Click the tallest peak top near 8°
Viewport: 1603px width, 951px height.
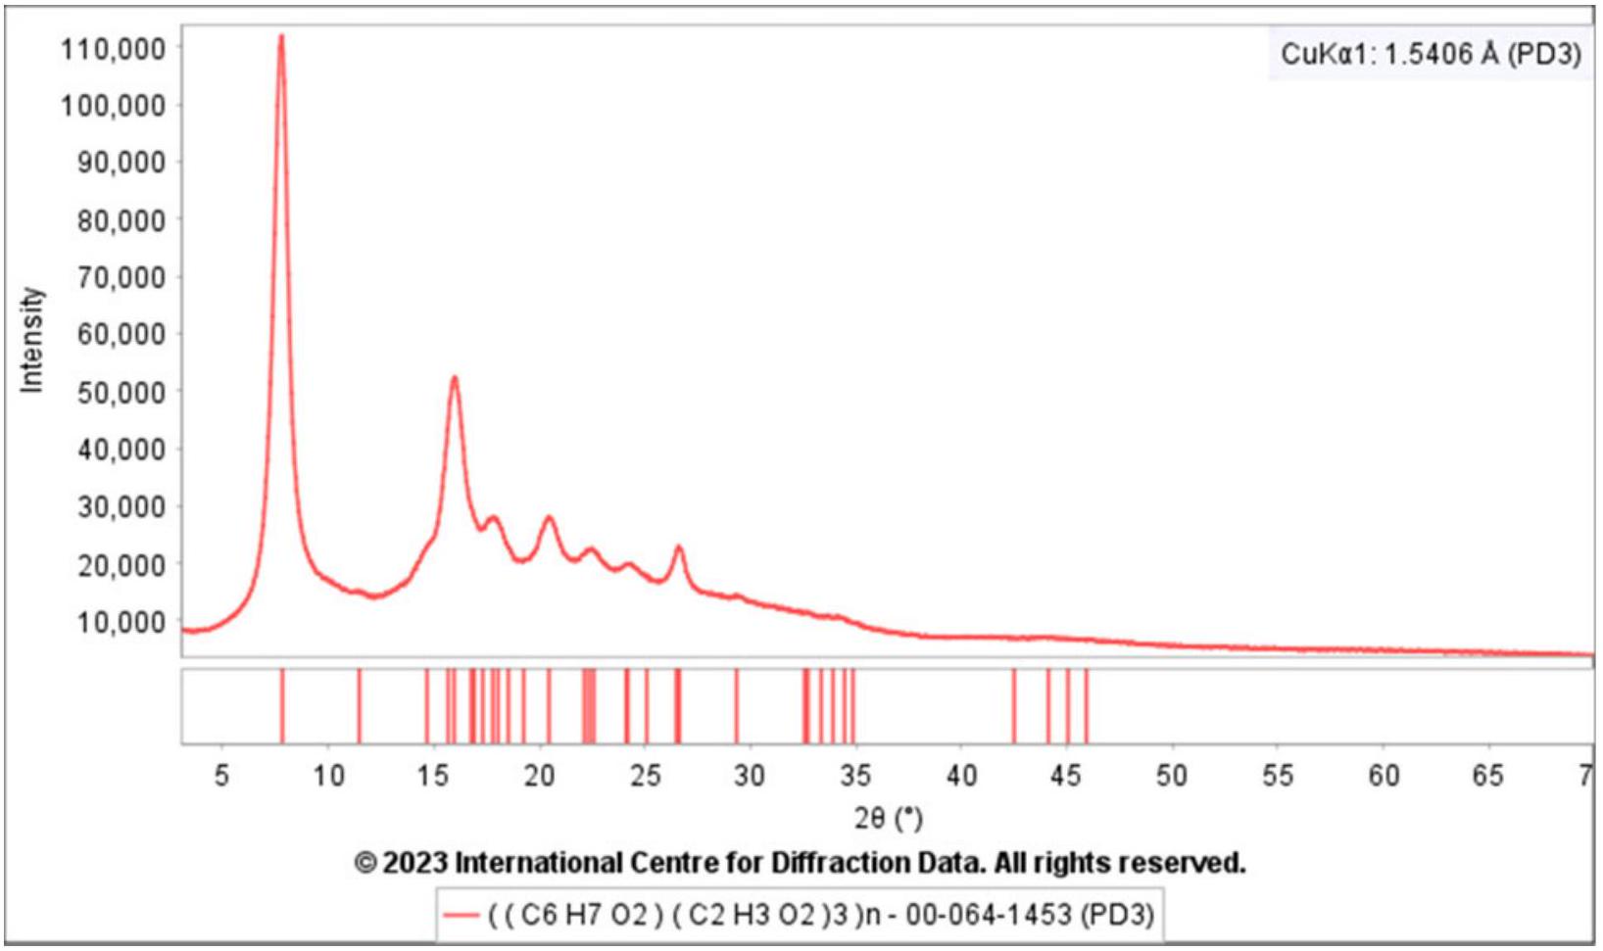(x=281, y=37)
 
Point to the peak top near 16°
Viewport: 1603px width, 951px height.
(x=454, y=378)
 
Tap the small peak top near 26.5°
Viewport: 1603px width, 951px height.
(x=678, y=547)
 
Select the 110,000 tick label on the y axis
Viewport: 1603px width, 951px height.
(x=114, y=48)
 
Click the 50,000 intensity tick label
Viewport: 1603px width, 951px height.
(x=121, y=393)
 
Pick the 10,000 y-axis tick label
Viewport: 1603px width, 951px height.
(x=121, y=622)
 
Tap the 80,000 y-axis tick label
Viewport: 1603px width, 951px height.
(x=121, y=220)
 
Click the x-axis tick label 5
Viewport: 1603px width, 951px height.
(x=222, y=776)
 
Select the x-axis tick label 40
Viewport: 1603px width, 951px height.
(x=961, y=776)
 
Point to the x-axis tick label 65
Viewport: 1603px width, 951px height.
(x=1487, y=776)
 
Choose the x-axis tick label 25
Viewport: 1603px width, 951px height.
(x=645, y=776)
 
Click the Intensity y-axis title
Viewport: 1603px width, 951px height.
(x=32, y=340)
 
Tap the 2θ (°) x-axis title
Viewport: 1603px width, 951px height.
(x=888, y=818)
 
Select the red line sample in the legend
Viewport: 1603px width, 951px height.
(x=460, y=915)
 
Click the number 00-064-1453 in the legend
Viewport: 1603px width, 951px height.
(x=989, y=915)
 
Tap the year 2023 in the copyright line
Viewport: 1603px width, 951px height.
(x=414, y=863)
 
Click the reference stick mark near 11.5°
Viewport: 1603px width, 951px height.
(x=360, y=706)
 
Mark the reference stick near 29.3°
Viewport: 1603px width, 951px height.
(x=737, y=706)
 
